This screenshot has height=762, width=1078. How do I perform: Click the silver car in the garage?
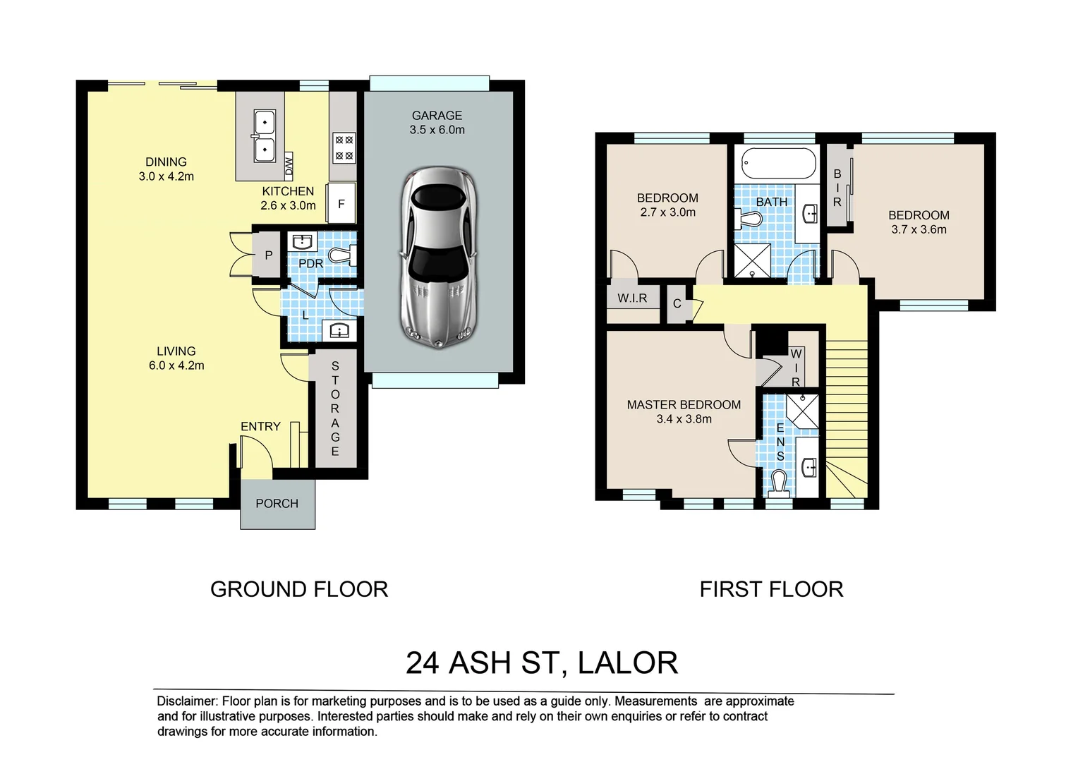(439, 258)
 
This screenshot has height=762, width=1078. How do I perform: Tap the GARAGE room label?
(437, 116)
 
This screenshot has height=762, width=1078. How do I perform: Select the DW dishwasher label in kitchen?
(289, 165)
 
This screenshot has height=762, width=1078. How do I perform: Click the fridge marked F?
(341, 204)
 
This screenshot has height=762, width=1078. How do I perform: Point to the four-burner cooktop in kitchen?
(344, 147)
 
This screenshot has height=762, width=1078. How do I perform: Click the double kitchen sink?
(264, 136)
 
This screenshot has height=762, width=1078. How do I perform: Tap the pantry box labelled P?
(267, 255)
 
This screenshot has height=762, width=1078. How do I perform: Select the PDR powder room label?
(311, 264)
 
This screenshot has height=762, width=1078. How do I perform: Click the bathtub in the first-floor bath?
(777, 163)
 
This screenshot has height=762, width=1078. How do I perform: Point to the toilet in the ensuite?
(778, 483)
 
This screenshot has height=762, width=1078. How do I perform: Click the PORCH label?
(277, 504)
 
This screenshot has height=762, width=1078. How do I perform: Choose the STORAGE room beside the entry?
(335, 409)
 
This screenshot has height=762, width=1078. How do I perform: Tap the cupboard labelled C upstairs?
(677, 303)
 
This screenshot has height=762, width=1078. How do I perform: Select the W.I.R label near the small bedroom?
(632, 298)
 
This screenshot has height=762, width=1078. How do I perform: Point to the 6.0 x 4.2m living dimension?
(176, 365)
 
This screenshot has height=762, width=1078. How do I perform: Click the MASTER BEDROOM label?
(684, 405)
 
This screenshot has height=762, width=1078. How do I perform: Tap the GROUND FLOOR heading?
(299, 589)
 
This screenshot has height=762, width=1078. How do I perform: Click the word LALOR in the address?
(628, 663)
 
